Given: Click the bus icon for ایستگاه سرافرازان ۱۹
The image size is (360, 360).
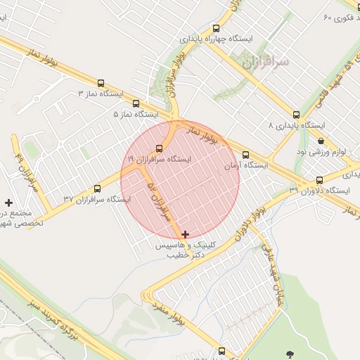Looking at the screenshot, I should [159, 149].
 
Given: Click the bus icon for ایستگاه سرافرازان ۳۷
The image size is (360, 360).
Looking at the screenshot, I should [97, 188].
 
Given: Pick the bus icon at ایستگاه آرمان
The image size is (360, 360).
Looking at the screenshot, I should [245, 155].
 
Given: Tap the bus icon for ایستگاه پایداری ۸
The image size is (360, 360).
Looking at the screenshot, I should [296, 114].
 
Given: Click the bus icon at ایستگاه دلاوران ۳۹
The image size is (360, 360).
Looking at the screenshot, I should [320, 180].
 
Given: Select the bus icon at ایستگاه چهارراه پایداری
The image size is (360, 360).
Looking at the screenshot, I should [216, 29].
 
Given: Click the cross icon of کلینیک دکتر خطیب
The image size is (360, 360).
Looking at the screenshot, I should [185, 234].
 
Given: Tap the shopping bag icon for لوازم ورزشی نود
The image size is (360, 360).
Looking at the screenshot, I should [321, 141].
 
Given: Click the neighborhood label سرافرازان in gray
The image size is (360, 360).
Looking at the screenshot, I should [265, 63].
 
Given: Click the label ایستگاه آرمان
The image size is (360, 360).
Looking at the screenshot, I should [246, 166].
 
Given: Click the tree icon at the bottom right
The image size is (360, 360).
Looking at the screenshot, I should [289, 354].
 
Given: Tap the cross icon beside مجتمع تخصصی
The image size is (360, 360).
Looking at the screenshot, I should [8, 202].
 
